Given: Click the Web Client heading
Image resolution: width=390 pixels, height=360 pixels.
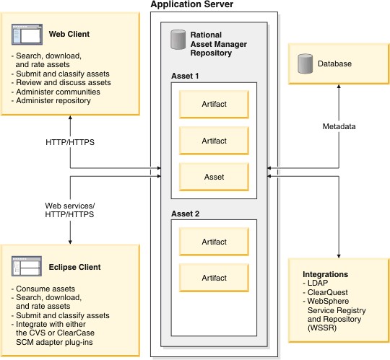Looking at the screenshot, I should [x=69, y=34].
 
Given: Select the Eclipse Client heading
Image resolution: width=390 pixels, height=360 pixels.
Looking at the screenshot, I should [x=75, y=267].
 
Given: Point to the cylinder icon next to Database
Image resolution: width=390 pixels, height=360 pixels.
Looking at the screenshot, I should [x=304, y=63].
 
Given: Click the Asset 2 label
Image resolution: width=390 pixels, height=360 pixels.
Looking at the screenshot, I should [x=185, y=214].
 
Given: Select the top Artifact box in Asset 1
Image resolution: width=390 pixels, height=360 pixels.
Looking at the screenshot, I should [x=214, y=105].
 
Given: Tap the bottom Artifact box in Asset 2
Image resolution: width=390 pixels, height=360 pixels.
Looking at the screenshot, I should [x=214, y=277].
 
